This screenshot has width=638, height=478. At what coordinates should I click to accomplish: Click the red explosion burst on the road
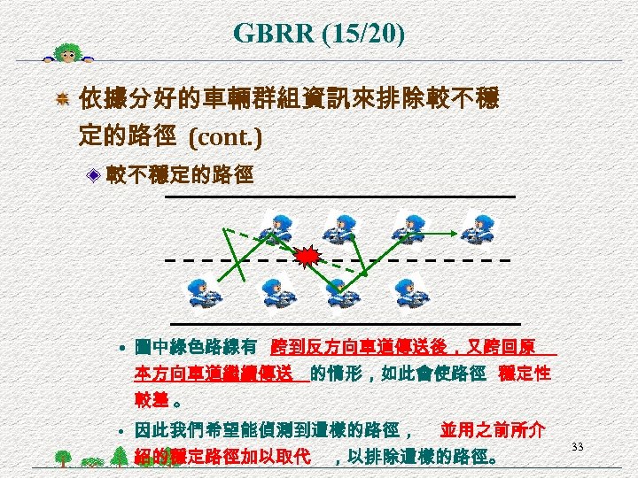click(307, 258)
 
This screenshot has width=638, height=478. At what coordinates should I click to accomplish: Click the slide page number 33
click(577, 446)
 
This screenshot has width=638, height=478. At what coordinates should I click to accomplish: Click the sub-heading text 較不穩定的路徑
click(180, 176)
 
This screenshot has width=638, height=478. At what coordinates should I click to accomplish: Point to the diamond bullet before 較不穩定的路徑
click(94, 177)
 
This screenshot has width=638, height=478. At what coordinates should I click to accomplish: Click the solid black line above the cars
click(340, 195)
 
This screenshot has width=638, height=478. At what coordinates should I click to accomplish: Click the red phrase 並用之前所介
click(493, 431)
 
